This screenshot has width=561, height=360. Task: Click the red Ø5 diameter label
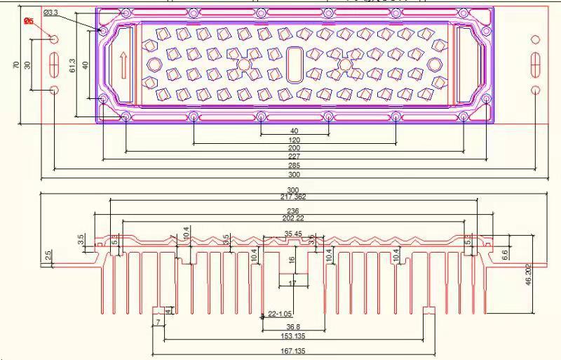[29, 21]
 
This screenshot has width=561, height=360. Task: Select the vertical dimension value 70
[16, 65]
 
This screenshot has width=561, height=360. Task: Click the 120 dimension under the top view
[294, 140]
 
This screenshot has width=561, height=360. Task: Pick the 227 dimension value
[294, 156]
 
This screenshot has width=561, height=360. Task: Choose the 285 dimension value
[294, 165]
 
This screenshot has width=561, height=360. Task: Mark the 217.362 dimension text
[292, 197]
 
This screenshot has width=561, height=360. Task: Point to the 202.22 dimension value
[292, 218]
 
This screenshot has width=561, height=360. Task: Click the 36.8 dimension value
[292, 326]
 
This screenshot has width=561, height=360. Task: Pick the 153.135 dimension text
[292, 338]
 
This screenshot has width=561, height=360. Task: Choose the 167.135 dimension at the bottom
[292, 349]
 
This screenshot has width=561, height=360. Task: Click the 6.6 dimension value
[505, 255]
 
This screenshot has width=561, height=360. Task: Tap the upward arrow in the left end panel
[123, 65]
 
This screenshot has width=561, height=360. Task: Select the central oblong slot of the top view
[294, 64]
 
